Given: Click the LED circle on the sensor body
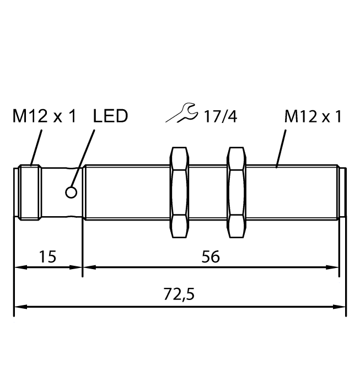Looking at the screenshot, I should click(71, 192).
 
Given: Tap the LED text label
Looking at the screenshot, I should click(110, 116).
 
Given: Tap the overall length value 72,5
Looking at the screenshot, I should click(180, 294).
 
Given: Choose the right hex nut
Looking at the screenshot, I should click(236, 192).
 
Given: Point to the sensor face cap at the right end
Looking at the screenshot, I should click(342, 192).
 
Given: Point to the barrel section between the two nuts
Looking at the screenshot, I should click(208, 192).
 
